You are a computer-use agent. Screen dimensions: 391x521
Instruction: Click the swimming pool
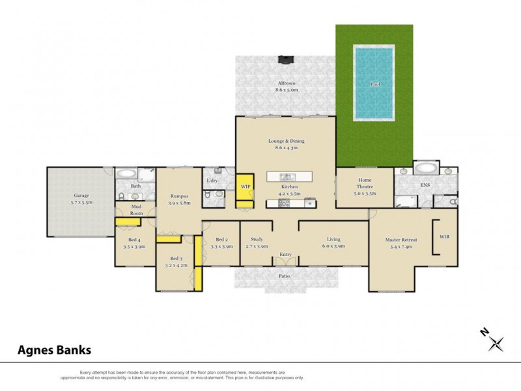click(x=374, y=83)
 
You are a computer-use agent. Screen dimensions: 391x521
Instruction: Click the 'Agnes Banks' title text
click(x=54, y=350)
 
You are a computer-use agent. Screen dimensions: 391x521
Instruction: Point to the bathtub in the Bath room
click(x=126, y=174)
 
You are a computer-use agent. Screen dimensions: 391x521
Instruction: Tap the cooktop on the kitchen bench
click(x=284, y=203)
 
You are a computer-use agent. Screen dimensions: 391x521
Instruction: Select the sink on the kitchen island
click(x=287, y=177)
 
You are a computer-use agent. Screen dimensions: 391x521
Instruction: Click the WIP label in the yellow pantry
click(x=246, y=187)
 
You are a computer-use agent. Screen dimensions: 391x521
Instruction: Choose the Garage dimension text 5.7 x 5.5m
click(x=81, y=203)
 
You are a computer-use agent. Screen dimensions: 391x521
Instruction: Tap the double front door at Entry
click(x=286, y=261)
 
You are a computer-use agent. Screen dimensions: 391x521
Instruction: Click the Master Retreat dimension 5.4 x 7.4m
click(x=401, y=248)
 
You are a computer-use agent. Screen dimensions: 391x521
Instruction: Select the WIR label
click(x=445, y=237)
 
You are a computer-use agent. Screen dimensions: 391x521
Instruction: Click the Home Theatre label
click(x=365, y=183)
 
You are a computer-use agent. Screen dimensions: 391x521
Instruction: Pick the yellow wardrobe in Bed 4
click(x=128, y=222)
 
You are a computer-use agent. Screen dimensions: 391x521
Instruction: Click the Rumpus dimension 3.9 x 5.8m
click(x=179, y=203)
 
